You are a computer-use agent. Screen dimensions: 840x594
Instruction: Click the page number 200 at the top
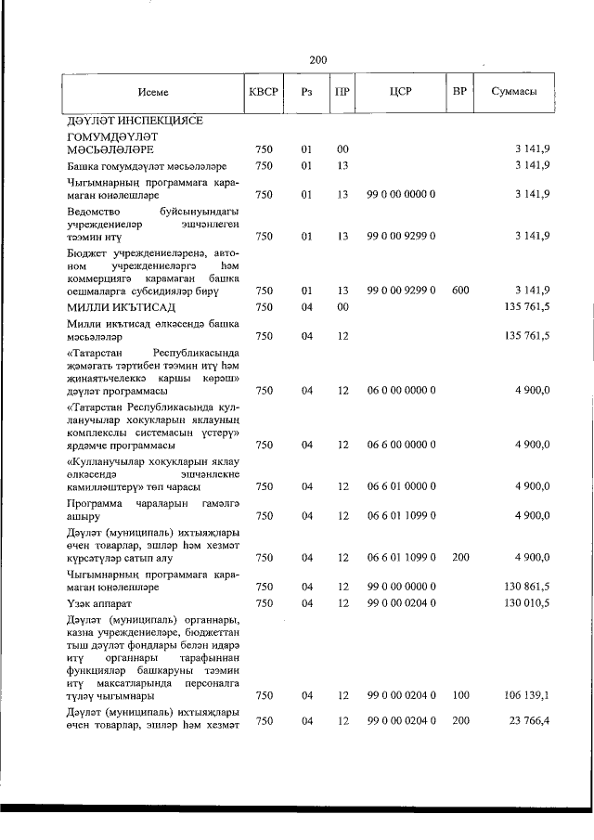317,60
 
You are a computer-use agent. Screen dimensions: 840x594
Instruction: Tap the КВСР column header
265,93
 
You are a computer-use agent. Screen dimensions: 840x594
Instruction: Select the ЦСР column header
401,93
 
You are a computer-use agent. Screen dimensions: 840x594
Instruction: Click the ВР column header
458,93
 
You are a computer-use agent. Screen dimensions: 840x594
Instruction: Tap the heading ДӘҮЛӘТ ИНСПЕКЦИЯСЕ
134,121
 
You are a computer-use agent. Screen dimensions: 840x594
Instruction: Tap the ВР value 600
459,291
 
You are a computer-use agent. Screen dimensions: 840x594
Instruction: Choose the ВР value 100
459,693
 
